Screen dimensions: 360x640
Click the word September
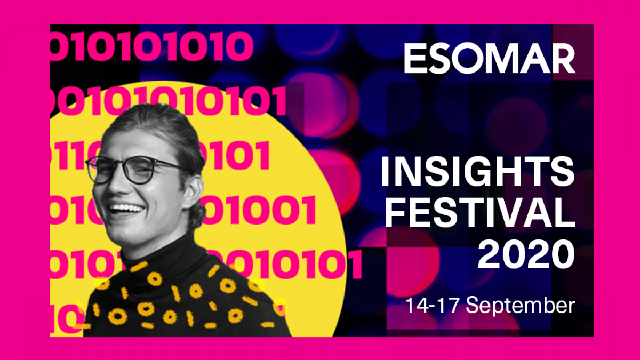[x=521, y=306]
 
